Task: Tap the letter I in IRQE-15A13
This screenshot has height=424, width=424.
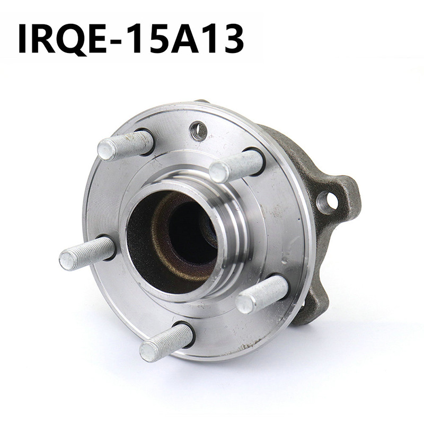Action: coord(22,39)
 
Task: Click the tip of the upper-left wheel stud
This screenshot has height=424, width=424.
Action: coord(105,151)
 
